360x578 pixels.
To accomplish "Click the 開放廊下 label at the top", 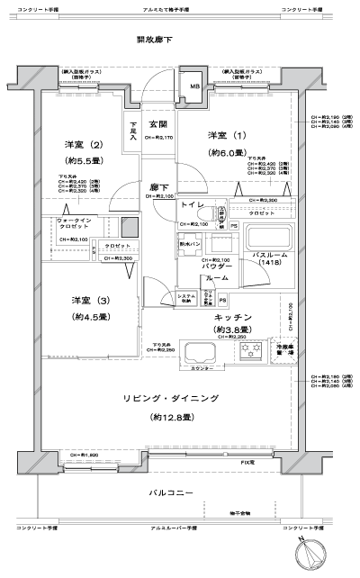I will pyautogui.click(x=154, y=40).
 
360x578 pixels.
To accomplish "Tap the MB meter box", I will pyautogui.click(x=194, y=88).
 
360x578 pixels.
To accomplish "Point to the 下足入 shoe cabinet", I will pyautogui.click(x=133, y=131).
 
